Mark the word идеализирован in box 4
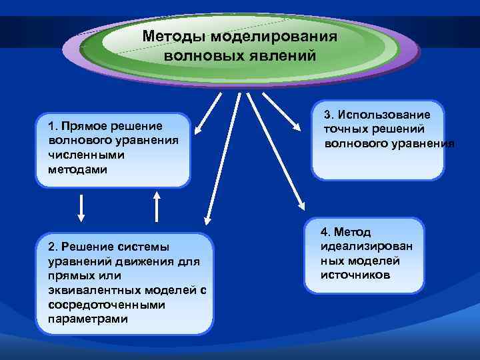coord(366,246)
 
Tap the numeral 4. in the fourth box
coord(325,232)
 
